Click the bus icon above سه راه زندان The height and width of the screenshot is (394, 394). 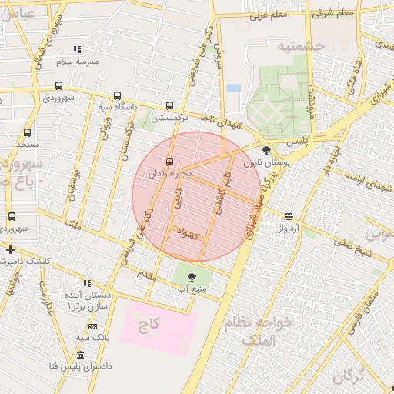[170, 160]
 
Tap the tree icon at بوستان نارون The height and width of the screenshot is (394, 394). [266, 151]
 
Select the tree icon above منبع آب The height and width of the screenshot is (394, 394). [191, 276]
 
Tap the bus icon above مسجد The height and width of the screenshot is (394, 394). [28, 133]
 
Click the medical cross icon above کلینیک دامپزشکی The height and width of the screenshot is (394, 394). [9, 249]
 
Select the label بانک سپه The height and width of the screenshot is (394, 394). [93, 337]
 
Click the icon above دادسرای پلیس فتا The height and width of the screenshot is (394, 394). [80, 355]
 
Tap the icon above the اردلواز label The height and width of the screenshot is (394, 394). [288, 217]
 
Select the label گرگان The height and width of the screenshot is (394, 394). [349, 376]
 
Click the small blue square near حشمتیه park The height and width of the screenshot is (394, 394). [233, 88]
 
